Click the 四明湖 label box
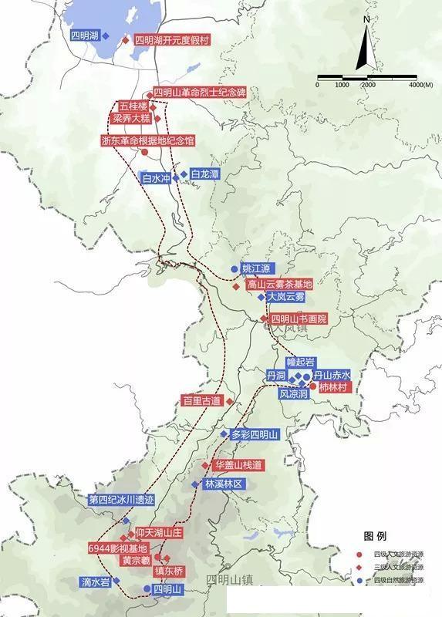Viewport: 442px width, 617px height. [x=84, y=36]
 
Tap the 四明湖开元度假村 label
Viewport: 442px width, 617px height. [x=172, y=39]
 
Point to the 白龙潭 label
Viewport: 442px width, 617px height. [x=204, y=175]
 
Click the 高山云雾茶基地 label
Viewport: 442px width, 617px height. [x=279, y=285]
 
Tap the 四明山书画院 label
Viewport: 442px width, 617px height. [x=299, y=319]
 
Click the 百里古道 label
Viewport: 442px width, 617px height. [x=201, y=401]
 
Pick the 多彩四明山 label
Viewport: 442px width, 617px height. [x=259, y=435]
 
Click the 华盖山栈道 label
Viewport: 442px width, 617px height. [x=239, y=466]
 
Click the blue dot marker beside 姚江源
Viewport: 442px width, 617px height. [x=234, y=269]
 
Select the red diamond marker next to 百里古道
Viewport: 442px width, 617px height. [x=229, y=402]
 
